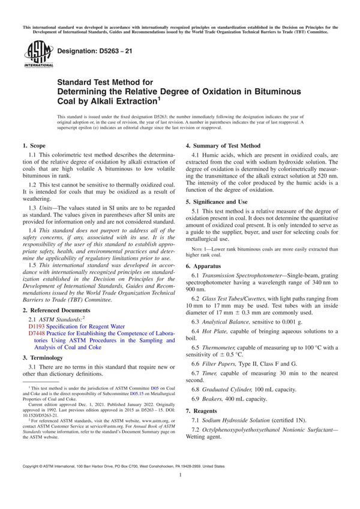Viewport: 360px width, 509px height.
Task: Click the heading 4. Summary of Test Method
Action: click(223, 145)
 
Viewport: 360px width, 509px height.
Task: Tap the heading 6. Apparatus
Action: click(206, 265)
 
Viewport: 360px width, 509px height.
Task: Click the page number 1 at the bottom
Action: click(180, 491)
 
